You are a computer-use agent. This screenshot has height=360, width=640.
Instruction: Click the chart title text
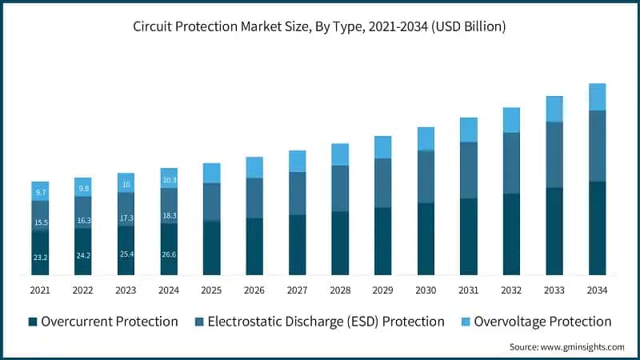pyautogui.click(x=319, y=26)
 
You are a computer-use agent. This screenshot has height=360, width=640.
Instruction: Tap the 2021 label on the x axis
pyautogui.click(x=40, y=290)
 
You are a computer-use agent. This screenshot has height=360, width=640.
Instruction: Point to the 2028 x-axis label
pyautogui.click(x=340, y=290)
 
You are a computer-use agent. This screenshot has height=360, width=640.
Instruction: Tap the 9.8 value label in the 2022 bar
pyautogui.click(x=83, y=189)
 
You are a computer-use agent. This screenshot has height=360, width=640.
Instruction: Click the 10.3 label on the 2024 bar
pyautogui.click(x=169, y=181)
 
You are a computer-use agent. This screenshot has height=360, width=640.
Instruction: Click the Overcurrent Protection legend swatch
pyautogui.click(x=33, y=322)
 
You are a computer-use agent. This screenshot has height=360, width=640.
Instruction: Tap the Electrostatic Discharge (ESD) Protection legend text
pyautogui.click(x=326, y=322)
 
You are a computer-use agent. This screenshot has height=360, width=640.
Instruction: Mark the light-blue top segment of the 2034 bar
pyautogui.click(x=598, y=97)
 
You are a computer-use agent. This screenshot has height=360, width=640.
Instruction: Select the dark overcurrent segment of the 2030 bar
pyautogui.click(x=426, y=239)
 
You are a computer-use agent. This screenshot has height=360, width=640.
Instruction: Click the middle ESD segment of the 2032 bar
pyautogui.click(x=511, y=163)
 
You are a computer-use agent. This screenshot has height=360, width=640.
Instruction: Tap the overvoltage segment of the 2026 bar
pyautogui.click(x=254, y=167)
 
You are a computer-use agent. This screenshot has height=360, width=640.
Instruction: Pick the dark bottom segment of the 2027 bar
pyautogui.click(x=298, y=245)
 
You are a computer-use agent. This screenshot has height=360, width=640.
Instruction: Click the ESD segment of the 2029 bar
pyautogui.click(x=383, y=183)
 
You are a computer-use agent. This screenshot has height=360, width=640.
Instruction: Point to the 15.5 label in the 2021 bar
pyautogui.click(x=40, y=222)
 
